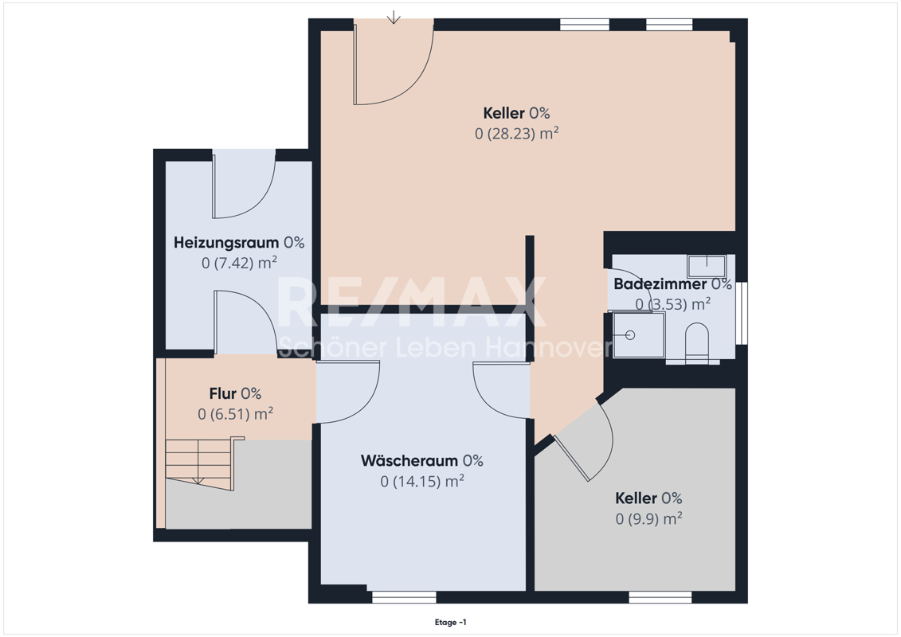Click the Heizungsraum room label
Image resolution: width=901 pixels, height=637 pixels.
[x=226, y=243]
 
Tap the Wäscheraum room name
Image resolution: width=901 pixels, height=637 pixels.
[x=409, y=461]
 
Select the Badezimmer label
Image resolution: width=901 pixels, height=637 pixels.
[x=660, y=284]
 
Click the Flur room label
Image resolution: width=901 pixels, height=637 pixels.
[x=222, y=394]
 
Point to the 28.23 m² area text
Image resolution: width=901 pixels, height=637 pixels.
[x=516, y=133]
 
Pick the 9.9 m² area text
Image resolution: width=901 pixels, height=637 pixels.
[x=648, y=518]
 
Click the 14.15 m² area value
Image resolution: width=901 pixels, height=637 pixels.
[x=422, y=482]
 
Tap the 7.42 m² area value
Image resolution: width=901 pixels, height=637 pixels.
[x=239, y=263]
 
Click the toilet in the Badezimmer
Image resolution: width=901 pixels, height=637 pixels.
[x=697, y=343]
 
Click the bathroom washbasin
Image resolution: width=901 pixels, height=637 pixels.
[x=707, y=267]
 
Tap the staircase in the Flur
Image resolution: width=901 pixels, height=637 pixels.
[x=200, y=463]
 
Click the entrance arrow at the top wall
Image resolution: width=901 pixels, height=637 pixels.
[x=394, y=18]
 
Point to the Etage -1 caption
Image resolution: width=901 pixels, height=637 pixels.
[x=451, y=622]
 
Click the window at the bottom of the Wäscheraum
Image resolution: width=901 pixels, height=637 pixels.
[x=404, y=597]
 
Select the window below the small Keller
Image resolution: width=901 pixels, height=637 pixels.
[x=660, y=597]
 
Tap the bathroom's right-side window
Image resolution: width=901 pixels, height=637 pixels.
[x=742, y=313]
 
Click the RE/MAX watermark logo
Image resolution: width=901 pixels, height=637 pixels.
[x=411, y=302]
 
